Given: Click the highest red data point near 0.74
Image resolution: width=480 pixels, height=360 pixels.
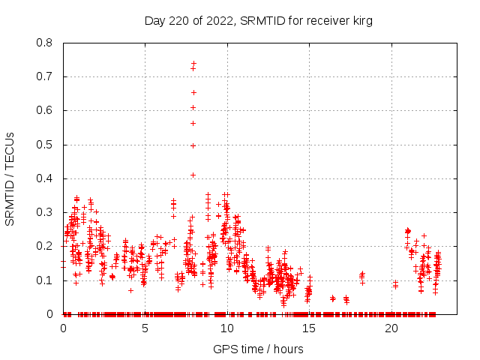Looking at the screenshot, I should tap(193, 64).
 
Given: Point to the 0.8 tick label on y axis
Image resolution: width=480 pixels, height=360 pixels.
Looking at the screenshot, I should tap(46, 43).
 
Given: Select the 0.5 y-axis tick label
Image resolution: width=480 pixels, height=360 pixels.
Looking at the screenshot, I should tap(46, 145).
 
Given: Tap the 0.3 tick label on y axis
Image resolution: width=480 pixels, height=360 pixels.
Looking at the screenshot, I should tap(46, 212).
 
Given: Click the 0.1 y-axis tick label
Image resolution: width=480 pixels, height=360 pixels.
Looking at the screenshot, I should tap(46, 280).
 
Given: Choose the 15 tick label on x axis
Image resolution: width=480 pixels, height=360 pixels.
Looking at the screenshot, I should tap(309, 328).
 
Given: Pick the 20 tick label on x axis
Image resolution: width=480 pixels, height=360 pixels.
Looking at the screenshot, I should tap(391, 328).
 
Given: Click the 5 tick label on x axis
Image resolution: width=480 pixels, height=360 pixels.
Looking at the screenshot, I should tap(145, 328).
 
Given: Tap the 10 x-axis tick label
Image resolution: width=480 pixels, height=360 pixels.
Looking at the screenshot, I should tap(227, 328).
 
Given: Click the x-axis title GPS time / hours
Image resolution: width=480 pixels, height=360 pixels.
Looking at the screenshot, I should tap(258, 349).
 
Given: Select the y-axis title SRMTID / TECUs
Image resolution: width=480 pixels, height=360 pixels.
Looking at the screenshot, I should tap(10, 178).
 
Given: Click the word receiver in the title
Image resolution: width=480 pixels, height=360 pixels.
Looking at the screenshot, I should tap(325, 21).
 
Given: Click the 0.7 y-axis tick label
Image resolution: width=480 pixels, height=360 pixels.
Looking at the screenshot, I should tap(46, 76).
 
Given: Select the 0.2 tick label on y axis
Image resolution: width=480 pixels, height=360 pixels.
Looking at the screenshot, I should tap(46, 246).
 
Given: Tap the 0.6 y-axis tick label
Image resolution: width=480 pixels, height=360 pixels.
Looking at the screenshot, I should tap(46, 110).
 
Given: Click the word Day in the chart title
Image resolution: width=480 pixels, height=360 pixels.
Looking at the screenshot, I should tap(155, 21).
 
